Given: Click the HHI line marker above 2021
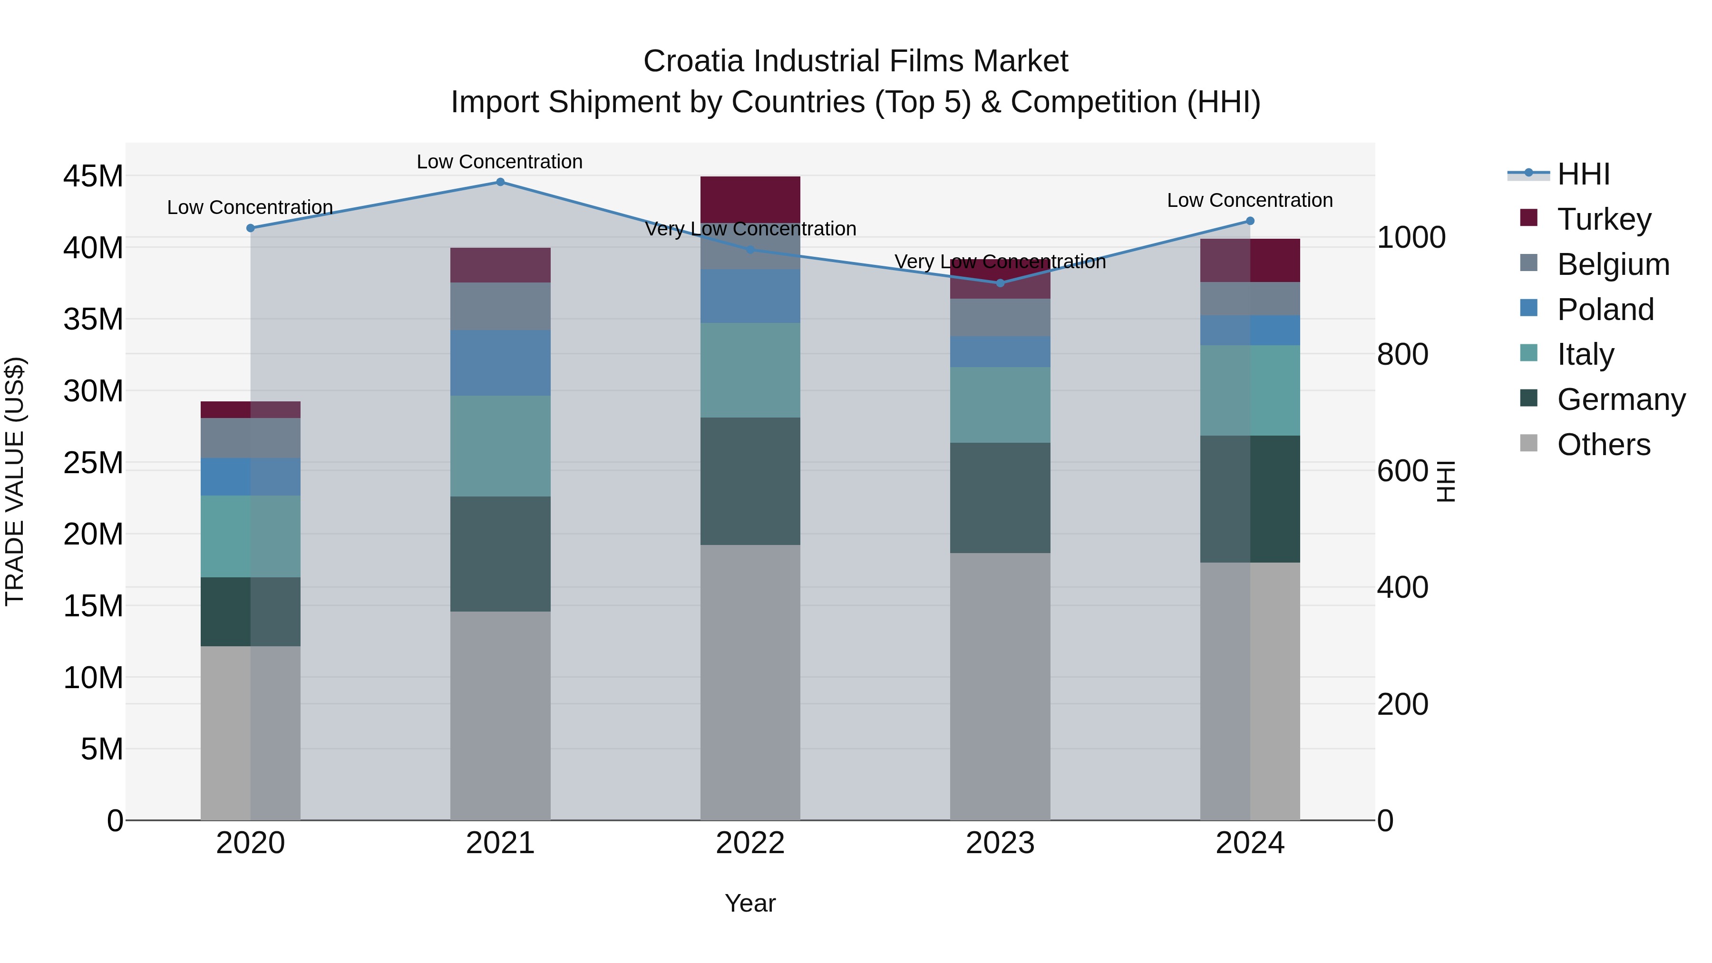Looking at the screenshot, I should [500, 182].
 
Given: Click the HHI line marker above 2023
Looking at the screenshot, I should [1000, 283].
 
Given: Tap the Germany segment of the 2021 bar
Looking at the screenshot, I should [500, 554].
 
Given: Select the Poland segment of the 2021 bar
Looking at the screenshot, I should [500, 363].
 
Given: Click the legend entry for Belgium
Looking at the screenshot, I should [1613, 264].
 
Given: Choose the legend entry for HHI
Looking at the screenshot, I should [1583, 174].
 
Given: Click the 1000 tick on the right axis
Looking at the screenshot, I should [1411, 237].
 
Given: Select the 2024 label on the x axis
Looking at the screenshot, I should [1249, 843].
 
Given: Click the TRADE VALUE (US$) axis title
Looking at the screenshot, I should [15, 482].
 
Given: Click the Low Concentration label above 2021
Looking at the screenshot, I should [500, 162].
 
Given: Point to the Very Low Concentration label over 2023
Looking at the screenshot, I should [1000, 262].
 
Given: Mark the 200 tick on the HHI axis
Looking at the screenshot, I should [1402, 704].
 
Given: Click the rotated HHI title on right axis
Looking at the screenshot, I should [1446, 482].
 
